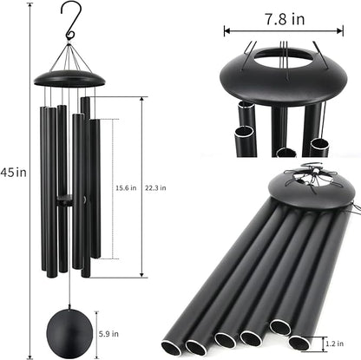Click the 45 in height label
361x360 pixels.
click(x=15, y=172)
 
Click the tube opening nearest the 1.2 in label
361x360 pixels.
click(x=299, y=344)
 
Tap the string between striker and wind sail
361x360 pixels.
click(x=69, y=265)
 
